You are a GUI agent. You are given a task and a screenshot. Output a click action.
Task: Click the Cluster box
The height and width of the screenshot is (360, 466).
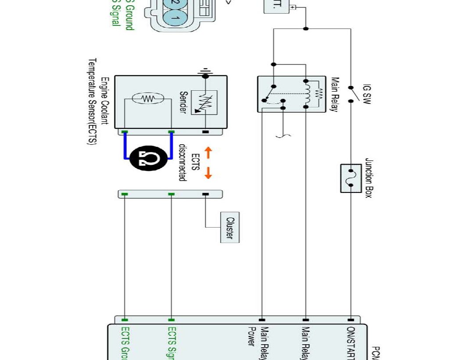230,228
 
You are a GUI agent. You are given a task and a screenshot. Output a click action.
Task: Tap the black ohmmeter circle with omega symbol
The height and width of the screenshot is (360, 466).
148,159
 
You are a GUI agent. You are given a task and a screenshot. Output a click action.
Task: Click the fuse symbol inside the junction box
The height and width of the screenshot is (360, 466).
351,178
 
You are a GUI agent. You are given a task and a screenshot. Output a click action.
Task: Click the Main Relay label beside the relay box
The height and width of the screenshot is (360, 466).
334,94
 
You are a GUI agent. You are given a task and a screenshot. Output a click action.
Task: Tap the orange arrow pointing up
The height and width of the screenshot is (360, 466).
208,153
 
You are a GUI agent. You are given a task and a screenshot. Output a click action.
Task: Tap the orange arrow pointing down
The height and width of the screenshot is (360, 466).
208,173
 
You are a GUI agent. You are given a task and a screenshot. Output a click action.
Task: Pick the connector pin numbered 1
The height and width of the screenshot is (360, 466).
174,18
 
